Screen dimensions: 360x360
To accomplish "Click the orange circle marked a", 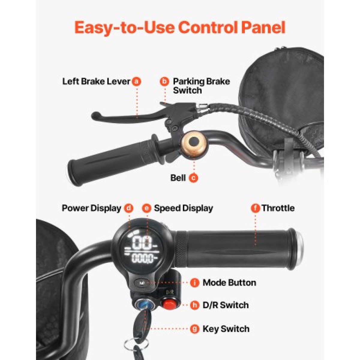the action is click(x=136, y=82).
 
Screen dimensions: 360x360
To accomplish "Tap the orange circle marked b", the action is click(x=164, y=82).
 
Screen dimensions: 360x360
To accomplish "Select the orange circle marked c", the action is click(x=193, y=178).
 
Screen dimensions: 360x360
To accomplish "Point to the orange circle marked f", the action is click(x=255, y=208).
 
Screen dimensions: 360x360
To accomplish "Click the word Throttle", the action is click(x=278, y=208).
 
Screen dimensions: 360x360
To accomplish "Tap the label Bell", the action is click(x=178, y=178).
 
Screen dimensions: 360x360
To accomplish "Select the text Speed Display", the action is click(x=183, y=208).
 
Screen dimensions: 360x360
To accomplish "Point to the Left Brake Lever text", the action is click(x=96, y=82).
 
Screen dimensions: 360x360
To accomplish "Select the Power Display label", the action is click(x=91, y=208).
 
